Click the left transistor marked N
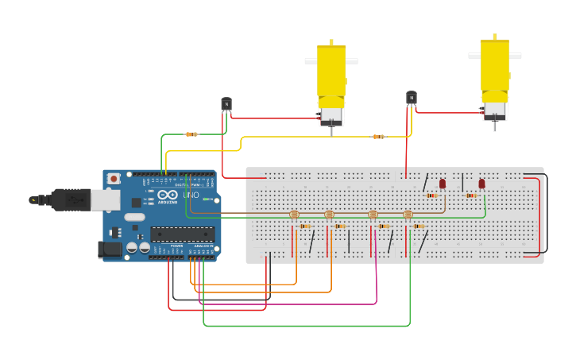click(x=226, y=104)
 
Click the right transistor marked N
click(x=412, y=98)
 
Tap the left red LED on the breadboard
click(x=443, y=184)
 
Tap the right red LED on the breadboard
click(x=481, y=184)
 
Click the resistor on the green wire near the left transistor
click(x=191, y=134)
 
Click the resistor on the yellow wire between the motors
click(x=379, y=137)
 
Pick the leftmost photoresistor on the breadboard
click(x=294, y=215)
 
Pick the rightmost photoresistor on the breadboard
click(x=408, y=215)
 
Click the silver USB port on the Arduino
click(x=105, y=199)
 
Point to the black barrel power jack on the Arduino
click(x=110, y=250)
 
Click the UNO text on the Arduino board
click(x=191, y=195)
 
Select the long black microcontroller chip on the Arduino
click(x=182, y=234)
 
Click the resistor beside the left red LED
click(x=431, y=195)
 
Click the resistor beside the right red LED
click(x=471, y=195)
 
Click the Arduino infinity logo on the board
click(x=168, y=195)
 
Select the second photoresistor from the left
click(x=330, y=215)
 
